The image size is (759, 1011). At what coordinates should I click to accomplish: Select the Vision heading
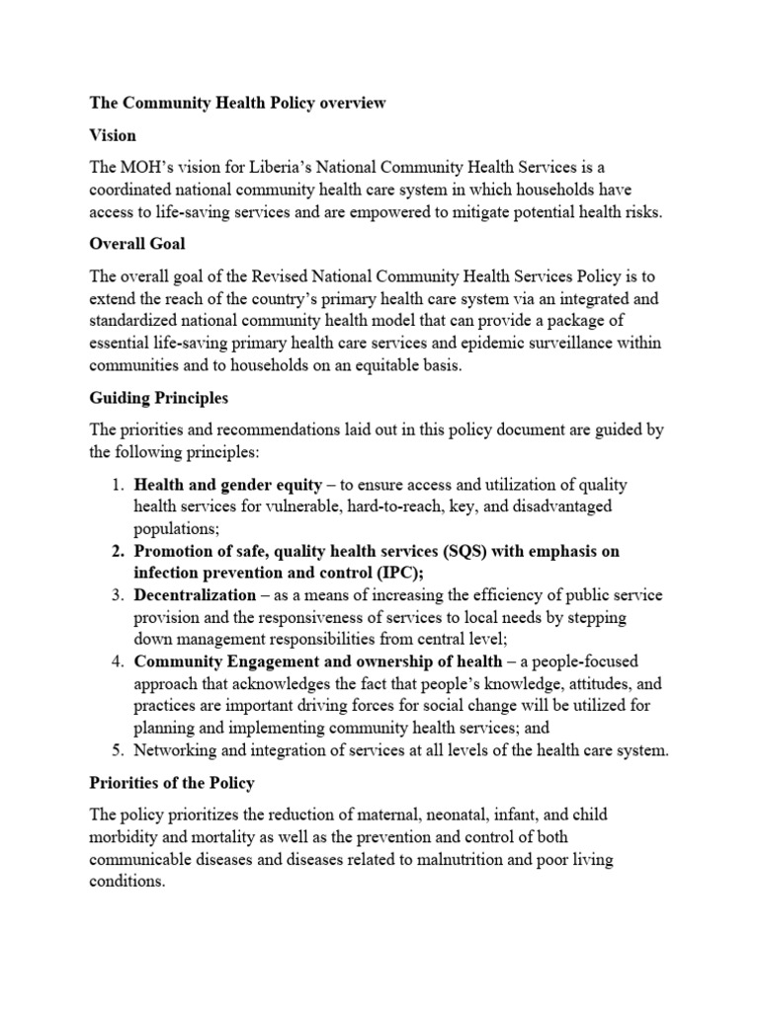click(113, 134)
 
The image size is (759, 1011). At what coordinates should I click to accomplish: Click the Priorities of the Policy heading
click(172, 783)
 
